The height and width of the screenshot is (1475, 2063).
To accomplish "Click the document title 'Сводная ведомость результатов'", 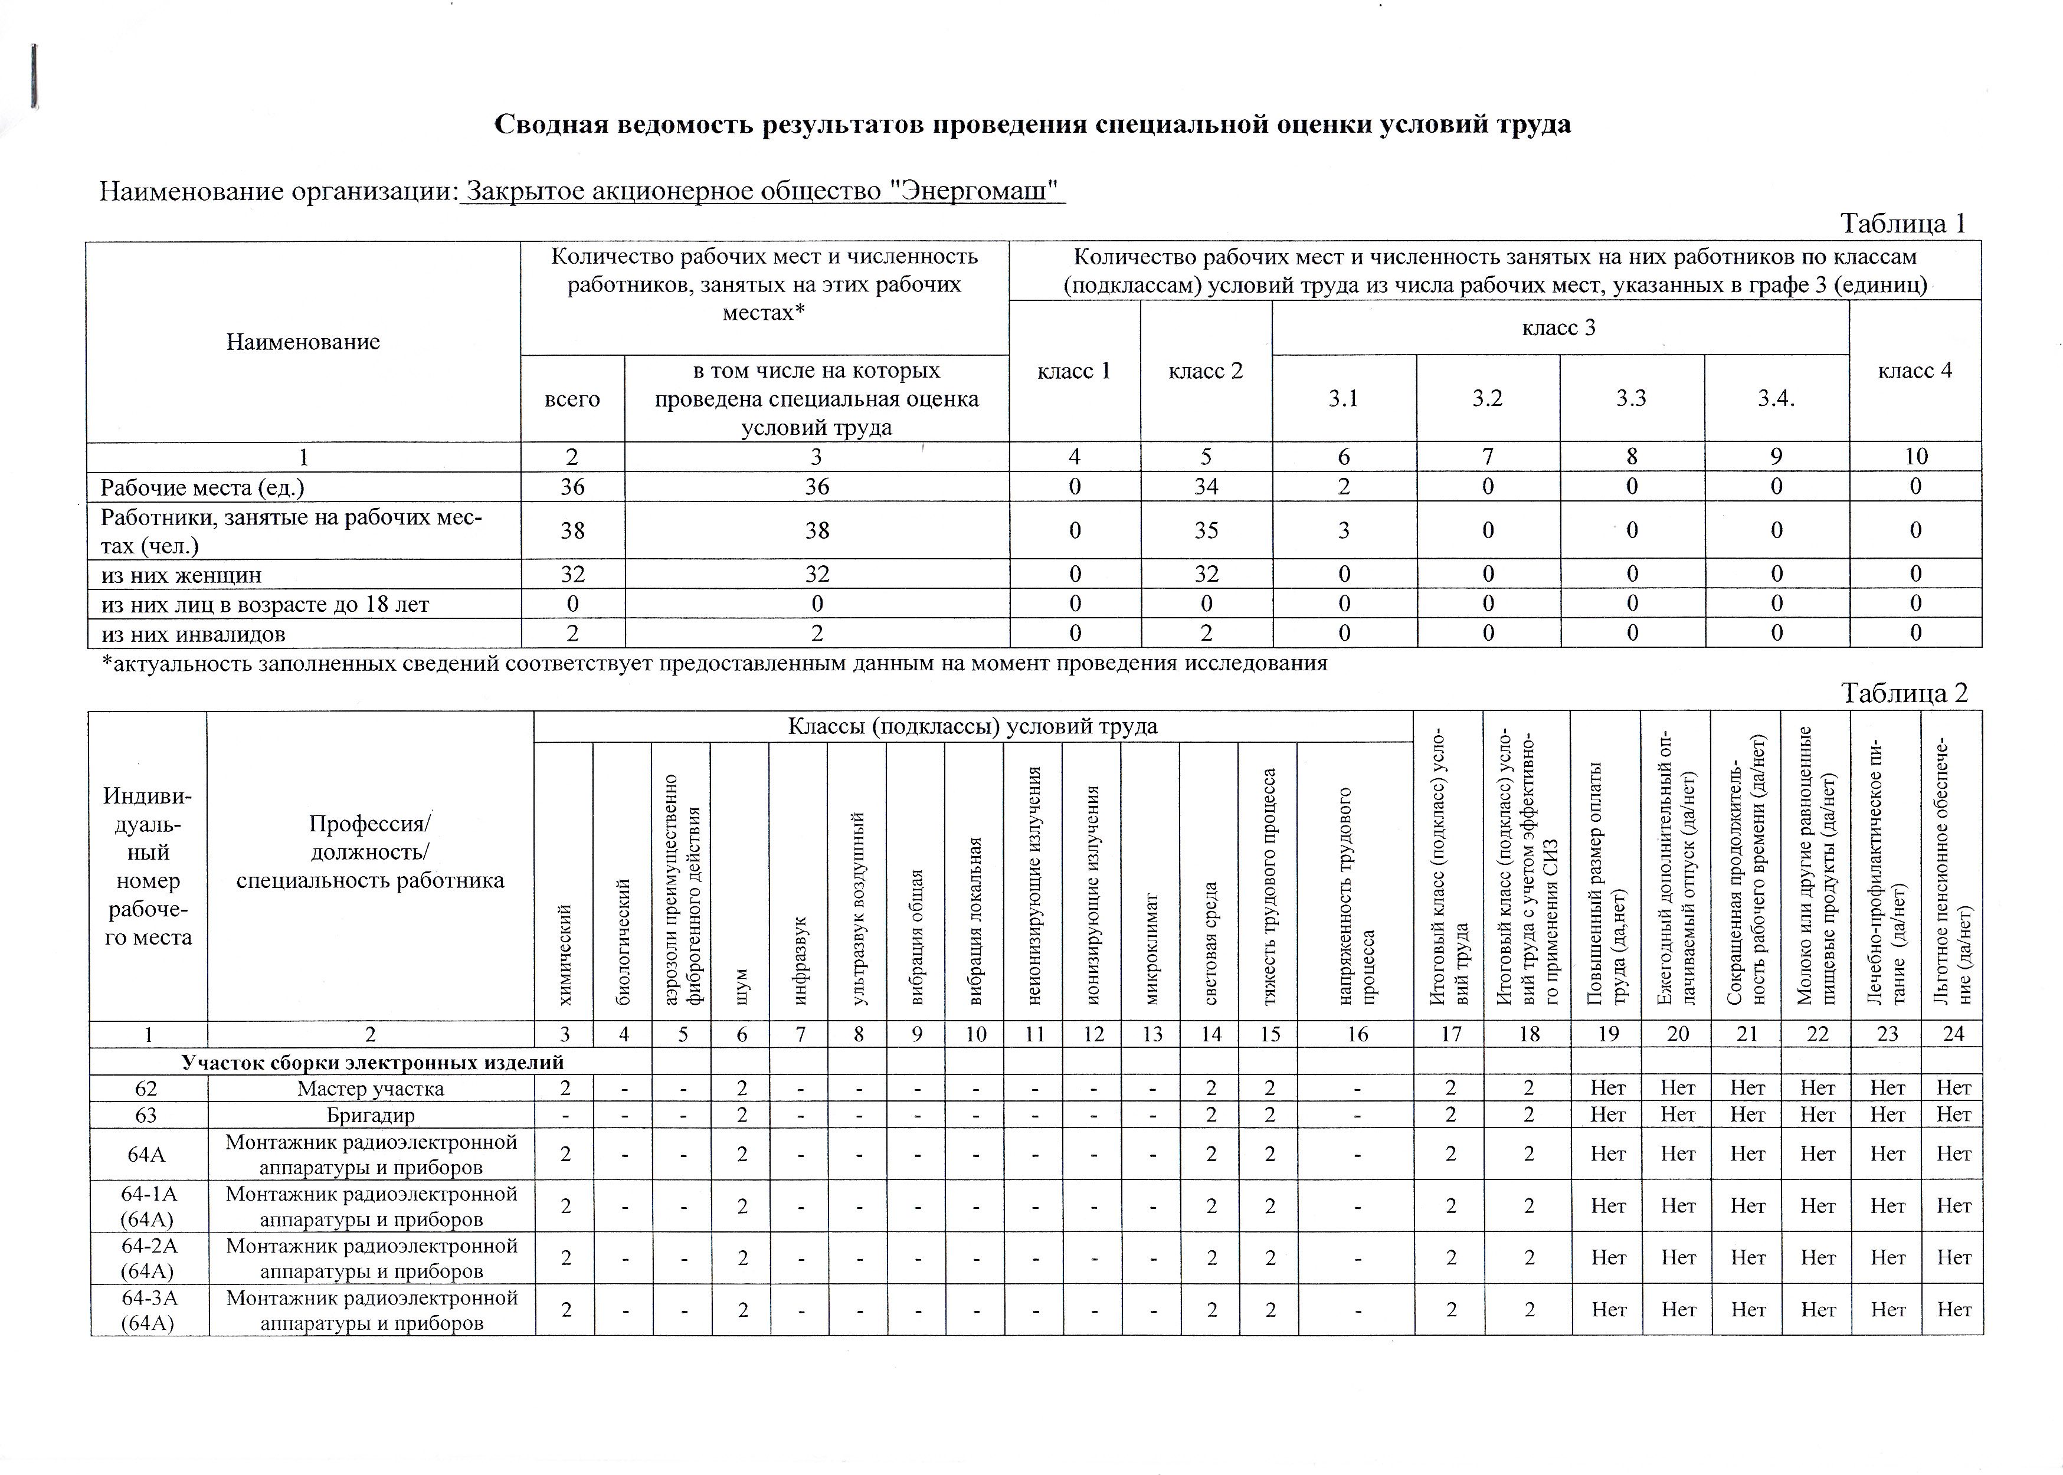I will [1032, 124].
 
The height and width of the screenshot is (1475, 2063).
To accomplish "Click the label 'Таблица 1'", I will [1902, 224].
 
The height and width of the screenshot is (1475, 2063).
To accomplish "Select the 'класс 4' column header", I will [1914, 371].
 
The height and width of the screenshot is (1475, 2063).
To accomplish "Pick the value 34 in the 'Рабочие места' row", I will [1206, 487].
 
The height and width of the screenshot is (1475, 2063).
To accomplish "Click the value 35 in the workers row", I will [1206, 530].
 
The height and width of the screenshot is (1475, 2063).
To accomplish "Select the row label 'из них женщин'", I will [181, 575].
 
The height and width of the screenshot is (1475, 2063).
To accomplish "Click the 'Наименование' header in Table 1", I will [303, 342].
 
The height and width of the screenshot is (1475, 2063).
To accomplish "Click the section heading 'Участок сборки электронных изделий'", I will [372, 1063].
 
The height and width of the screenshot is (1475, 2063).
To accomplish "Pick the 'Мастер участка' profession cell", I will [371, 1088].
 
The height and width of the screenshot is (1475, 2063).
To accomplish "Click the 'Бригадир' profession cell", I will [371, 1115].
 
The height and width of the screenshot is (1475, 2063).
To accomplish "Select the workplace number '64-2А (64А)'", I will [148, 1258].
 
